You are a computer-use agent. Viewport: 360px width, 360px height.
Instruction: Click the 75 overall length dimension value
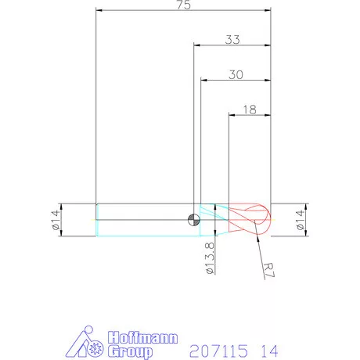pyautogui.click(x=184, y=5)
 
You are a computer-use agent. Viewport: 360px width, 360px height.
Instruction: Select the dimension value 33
pyautogui.click(x=232, y=40)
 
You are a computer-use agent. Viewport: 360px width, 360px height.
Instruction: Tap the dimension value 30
pyautogui.click(x=236, y=75)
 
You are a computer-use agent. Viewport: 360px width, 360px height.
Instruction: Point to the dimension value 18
pyautogui.click(x=250, y=110)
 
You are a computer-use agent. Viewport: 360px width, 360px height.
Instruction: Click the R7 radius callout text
pyautogui.click(x=268, y=270)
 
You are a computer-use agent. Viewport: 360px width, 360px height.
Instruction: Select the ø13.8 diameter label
pyautogui.click(x=210, y=258)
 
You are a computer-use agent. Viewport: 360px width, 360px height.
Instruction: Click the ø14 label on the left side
pyautogui.click(x=56, y=220)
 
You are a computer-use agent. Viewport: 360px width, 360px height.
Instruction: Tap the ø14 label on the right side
pyautogui.click(x=301, y=220)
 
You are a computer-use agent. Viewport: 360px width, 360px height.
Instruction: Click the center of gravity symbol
pyautogui.click(x=194, y=220)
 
